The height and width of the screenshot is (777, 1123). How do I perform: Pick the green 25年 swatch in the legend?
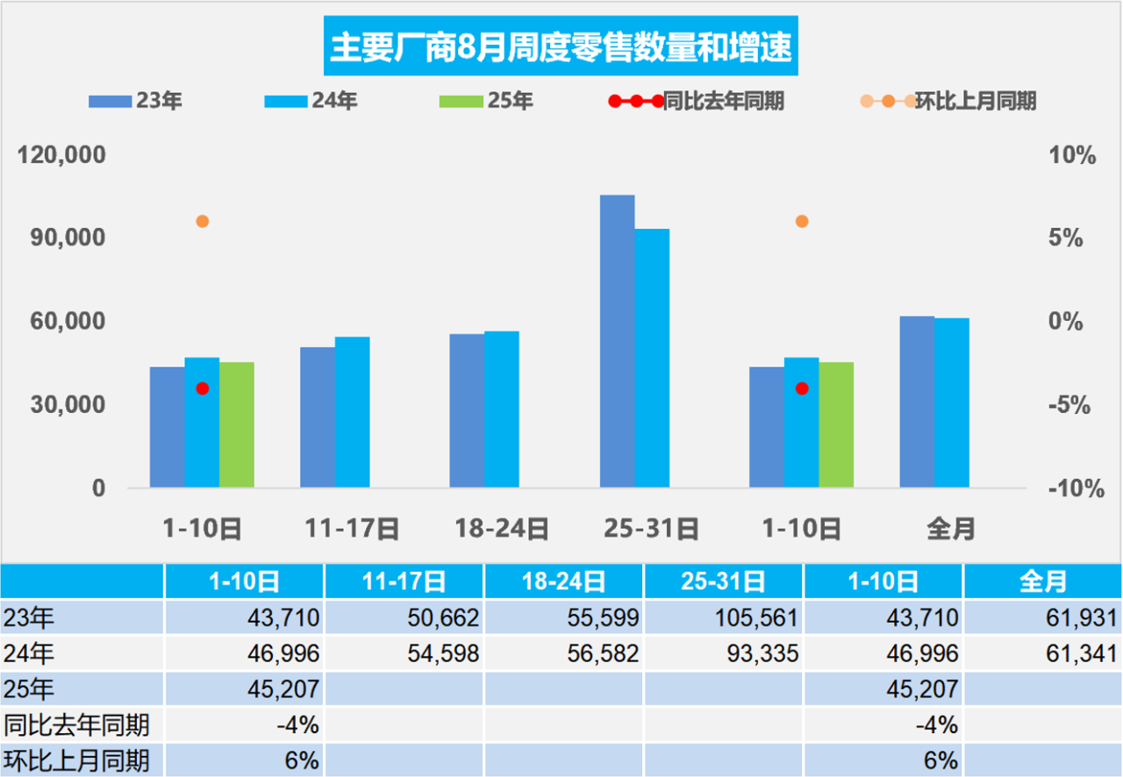click(461, 101)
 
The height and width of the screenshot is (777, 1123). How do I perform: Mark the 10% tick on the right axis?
click(1072, 156)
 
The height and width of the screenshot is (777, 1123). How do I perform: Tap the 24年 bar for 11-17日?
click(352, 412)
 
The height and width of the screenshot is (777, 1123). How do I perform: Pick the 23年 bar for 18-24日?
click(467, 410)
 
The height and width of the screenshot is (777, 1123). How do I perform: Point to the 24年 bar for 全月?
click(952, 403)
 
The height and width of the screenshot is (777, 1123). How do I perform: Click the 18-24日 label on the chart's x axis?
click(502, 529)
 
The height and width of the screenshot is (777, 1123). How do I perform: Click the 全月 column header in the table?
click(1042, 582)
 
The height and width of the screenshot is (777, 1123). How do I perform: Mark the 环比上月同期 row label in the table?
click(77, 759)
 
